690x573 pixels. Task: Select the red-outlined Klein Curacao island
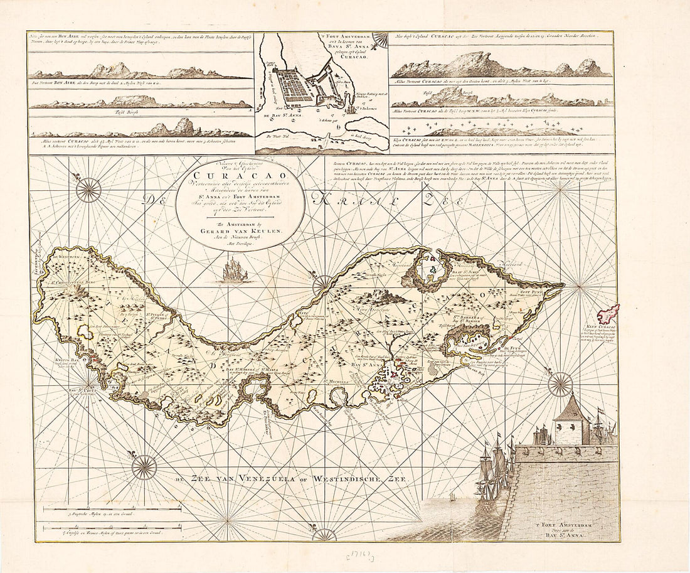(x=608, y=313)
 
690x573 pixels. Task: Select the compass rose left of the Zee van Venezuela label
(x=144, y=468)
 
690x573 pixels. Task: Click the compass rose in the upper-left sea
(x=88, y=190)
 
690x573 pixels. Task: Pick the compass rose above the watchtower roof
(x=560, y=384)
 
